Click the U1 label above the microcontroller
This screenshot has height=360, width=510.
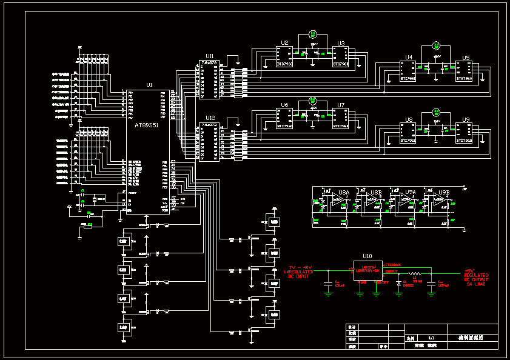[x=150, y=85]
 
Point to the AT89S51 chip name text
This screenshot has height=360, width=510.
[x=146, y=124]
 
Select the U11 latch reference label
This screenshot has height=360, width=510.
[x=210, y=56]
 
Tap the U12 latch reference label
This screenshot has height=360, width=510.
[x=210, y=118]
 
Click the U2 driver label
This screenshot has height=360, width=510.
[x=284, y=43]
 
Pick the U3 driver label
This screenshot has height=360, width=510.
[x=341, y=43]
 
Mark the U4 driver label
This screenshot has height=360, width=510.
[x=409, y=58]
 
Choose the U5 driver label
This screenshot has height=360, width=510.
[x=466, y=58]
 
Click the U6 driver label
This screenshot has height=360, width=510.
[x=284, y=105]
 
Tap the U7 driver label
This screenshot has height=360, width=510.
[x=341, y=105]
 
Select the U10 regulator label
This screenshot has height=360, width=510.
[x=367, y=256]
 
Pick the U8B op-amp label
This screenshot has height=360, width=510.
[x=376, y=192]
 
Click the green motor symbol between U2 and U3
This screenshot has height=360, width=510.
[x=313, y=34]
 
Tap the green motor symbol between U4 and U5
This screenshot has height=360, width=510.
[x=436, y=46]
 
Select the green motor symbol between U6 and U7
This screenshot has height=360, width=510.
[x=313, y=100]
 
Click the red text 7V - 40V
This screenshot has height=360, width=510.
[x=300, y=267]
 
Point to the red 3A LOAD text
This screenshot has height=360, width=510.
[x=476, y=284]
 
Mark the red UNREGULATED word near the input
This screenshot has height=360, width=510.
[x=298, y=272]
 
